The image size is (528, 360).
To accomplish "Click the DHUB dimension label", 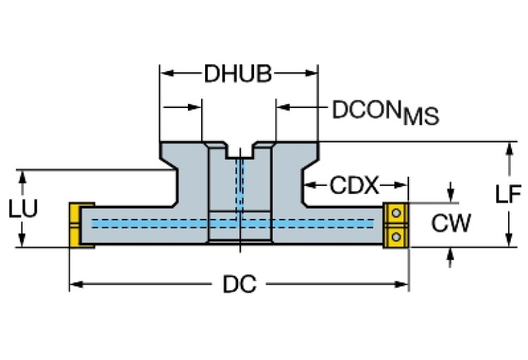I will [237, 74].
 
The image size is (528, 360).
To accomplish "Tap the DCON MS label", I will [385, 111].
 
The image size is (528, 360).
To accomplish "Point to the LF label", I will [508, 195].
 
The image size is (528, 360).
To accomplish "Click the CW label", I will [451, 223].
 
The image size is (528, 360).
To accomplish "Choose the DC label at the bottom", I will [239, 284].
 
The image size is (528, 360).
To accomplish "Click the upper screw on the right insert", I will [396, 213].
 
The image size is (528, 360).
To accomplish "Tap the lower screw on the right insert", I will [396, 236].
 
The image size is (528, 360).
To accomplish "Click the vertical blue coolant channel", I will [240, 186].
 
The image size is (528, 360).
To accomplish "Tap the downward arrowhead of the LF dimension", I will [509, 238].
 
